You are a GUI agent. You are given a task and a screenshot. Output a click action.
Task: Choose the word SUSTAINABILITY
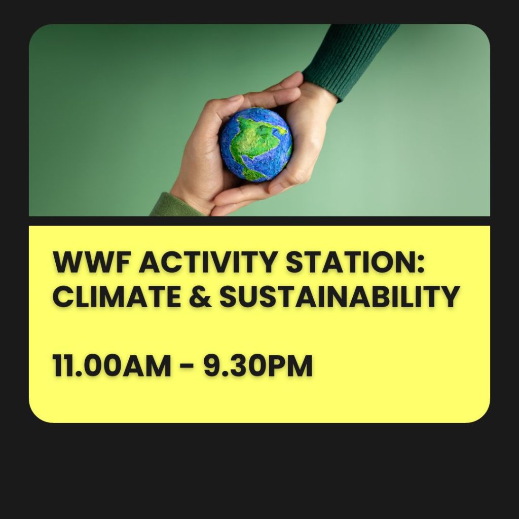339,297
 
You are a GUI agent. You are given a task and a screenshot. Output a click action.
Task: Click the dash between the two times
187,366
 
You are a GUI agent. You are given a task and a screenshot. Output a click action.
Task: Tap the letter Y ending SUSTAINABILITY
450,297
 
